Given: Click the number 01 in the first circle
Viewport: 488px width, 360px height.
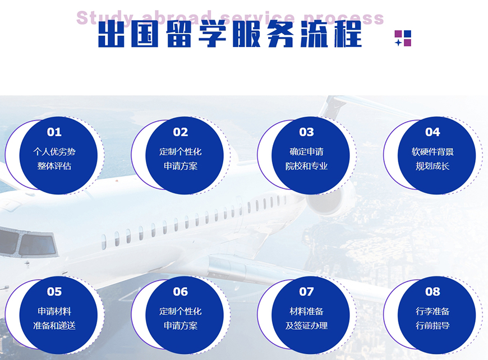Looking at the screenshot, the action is [54, 132].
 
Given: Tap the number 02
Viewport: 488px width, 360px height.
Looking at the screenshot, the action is [181, 132].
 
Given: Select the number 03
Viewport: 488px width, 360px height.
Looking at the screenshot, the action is [307, 132].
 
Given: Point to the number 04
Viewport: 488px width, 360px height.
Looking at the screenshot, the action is [432, 132].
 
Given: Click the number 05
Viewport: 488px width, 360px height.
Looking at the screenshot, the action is [54, 292].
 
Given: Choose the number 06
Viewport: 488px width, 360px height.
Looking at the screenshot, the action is [181, 292].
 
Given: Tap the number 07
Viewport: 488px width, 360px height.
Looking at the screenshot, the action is [307, 292].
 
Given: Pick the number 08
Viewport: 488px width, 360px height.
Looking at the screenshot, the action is [432, 292].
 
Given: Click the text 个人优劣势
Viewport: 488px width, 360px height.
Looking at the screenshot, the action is [54, 152].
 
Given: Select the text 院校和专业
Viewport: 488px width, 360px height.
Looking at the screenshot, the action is [307, 166].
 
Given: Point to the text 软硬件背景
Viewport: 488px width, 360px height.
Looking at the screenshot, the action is [432, 152].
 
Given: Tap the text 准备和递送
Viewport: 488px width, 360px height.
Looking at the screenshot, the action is [54, 326].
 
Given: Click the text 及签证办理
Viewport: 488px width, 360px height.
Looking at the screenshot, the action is [307, 326].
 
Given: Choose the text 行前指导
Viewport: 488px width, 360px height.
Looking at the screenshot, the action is [432, 326].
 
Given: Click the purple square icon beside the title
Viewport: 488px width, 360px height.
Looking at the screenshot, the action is [403, 38].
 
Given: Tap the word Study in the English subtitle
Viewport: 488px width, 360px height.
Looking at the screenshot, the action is [105, 19].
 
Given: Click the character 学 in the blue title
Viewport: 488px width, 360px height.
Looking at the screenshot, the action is [212, 34].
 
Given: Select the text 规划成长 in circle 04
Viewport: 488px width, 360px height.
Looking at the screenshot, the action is [432, 166].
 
